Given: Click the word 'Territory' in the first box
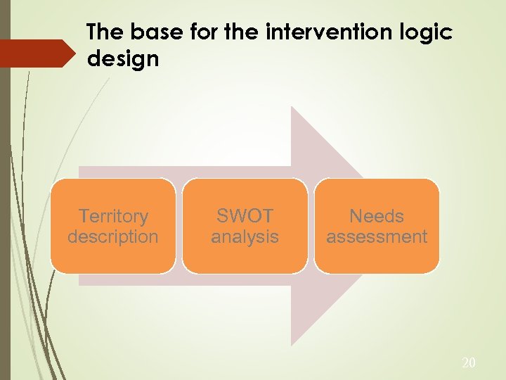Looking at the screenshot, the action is click(x=113, y=216).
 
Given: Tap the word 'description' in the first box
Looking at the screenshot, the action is click(x=113, y=236).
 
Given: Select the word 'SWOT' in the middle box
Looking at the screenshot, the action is click(x=245, y=216).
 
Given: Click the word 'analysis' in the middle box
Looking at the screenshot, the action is click(x=245, y=236).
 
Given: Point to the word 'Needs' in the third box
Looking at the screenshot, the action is click(x=377, y=216).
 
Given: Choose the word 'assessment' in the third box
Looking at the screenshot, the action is click(x=377, y=236).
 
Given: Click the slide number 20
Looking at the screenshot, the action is click(x=469, y=363).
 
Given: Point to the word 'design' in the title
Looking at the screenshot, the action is click(x=123, y=58).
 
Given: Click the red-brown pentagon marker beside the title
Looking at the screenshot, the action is click(x=39, y=53).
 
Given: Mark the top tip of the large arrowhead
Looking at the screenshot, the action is click(x=292, y=108).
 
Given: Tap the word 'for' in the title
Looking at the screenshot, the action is click(x=203, y=32).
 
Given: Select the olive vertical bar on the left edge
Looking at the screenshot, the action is click(x=5, y=190).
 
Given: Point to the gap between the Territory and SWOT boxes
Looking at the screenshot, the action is click(x=179, y=226).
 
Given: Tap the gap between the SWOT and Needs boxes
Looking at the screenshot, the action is click(x=311, y=226).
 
